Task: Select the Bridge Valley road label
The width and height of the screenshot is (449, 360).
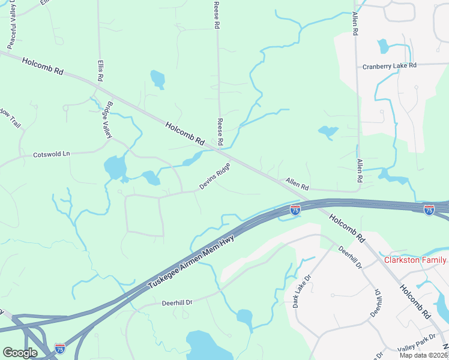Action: point(107,119)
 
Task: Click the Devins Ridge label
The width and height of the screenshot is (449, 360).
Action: point(214,178)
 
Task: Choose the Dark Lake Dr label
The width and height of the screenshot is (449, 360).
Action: point(301,292)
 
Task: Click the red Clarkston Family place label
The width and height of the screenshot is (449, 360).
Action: point(415,260)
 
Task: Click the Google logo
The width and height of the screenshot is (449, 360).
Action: point(20,353)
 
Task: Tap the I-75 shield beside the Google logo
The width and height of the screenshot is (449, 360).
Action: point(59,348)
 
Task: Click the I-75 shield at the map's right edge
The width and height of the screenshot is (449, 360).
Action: point(429,209)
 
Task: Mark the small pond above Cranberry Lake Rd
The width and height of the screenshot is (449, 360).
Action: point(382,46)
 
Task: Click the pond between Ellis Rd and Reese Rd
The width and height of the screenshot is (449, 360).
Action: point(157,79)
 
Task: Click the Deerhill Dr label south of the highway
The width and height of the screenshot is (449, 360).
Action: point(179,303)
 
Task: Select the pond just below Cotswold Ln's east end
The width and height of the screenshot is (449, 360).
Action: point(114,167)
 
